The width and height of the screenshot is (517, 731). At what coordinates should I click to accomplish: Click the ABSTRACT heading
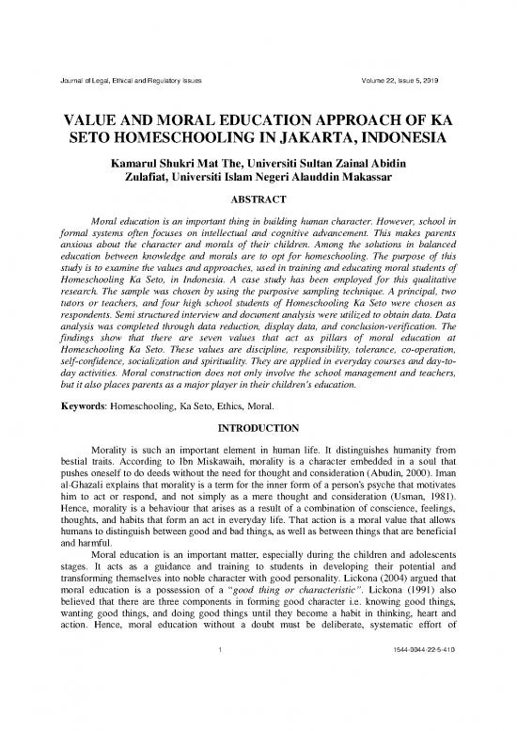258,199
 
